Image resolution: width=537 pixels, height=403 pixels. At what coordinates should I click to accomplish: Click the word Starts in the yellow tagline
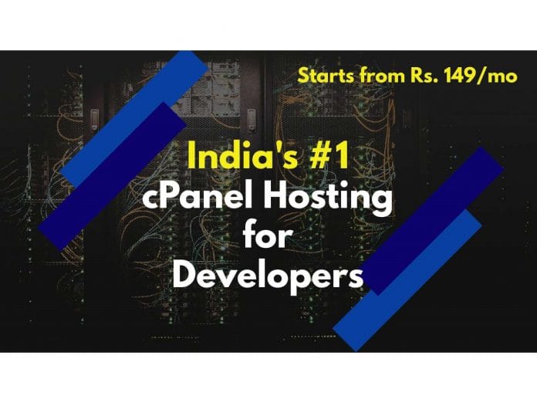click(322, 76)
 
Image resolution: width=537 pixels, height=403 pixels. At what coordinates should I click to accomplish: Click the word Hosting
click(334, 200)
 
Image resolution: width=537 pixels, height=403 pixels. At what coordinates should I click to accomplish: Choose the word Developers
click(267, 275)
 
